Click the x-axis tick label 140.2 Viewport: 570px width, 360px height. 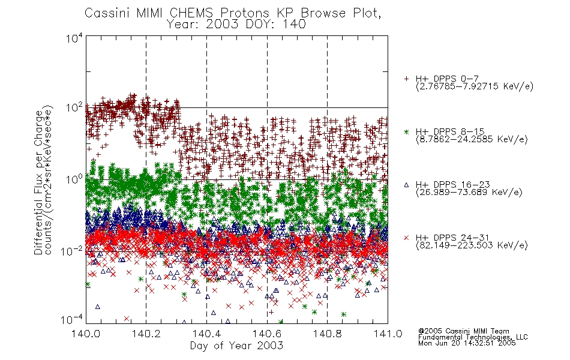[x=146, y=334]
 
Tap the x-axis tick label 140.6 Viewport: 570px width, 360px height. [x=267, y=334]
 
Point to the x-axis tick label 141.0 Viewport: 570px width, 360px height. [x=388, y=334]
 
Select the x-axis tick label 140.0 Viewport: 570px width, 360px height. [x=86, y=334]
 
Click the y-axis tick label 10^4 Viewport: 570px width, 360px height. [x=74, y=38]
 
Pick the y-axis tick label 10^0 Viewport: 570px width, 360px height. [x=74, y=179]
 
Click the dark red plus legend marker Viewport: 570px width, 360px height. [x=406, y=79]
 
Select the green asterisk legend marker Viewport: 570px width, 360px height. [x=406, y=131]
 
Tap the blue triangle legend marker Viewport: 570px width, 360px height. [x=406, y=185]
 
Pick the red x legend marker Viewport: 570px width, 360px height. [x=406, y=238]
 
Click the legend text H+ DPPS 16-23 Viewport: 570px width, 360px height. [x=452, y=185]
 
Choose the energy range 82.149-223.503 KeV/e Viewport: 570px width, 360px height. [x=472, y=245]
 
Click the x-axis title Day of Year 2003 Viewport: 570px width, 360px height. [x=236, y=346]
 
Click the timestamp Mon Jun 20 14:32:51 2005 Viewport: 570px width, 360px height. [x=467, y=343]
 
